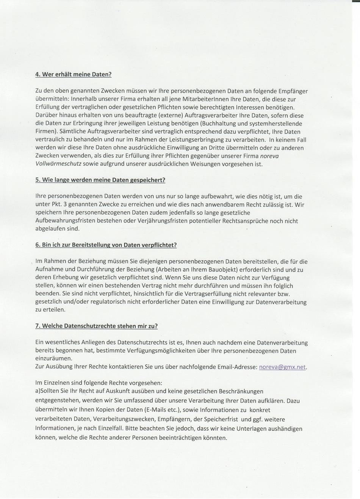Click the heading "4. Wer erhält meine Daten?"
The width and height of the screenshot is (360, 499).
73,74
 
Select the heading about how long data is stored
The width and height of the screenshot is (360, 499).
100,180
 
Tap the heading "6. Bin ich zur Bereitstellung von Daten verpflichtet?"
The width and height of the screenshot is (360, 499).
106,245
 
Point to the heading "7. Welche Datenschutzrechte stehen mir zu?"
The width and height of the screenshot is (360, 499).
96,326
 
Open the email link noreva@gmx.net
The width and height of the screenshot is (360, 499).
282,367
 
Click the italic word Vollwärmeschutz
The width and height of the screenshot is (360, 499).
58,164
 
